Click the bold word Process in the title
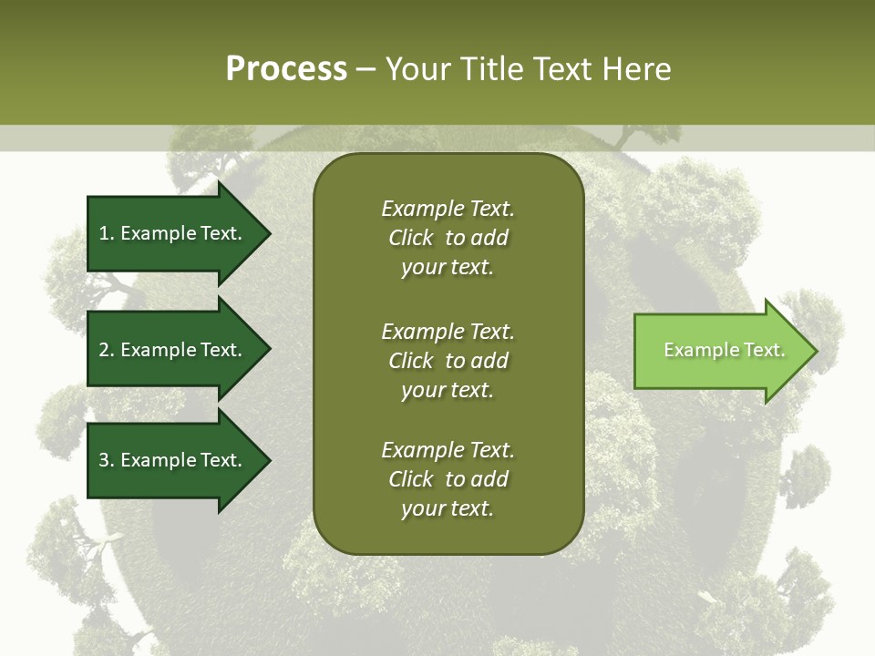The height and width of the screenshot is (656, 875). tap(286, 69)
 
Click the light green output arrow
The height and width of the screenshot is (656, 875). tap(720, 351)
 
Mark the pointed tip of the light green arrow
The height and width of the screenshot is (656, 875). tap(817, 351)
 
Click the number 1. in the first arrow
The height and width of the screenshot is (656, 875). tap(107, 233)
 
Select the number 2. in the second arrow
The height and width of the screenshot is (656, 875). tap(107, 350)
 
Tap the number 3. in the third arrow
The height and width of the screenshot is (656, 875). tap(107, 460)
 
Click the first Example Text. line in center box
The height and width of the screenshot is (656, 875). tap(448, 209)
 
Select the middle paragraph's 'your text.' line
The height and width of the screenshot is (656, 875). tap(448, 390)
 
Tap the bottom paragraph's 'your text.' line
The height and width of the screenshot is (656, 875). tap(448, 509)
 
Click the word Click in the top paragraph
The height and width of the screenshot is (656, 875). tap(411, 238)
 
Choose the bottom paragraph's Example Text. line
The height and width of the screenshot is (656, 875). tap(448, 450)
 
